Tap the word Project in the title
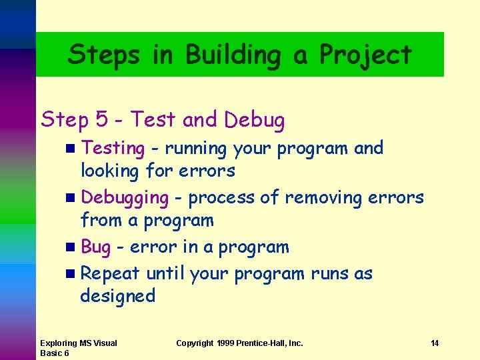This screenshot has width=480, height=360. click(x=366, y=55)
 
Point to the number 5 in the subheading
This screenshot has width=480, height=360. click(x=102, y=120)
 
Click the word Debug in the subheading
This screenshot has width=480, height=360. click(x=255, y=120)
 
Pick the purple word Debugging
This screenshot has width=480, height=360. click(x=125, y=198)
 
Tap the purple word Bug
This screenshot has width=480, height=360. click(x=95, y=247)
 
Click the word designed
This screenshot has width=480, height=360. click(x=117, y=296)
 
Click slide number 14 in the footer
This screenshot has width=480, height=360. click(x=435, y=343)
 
